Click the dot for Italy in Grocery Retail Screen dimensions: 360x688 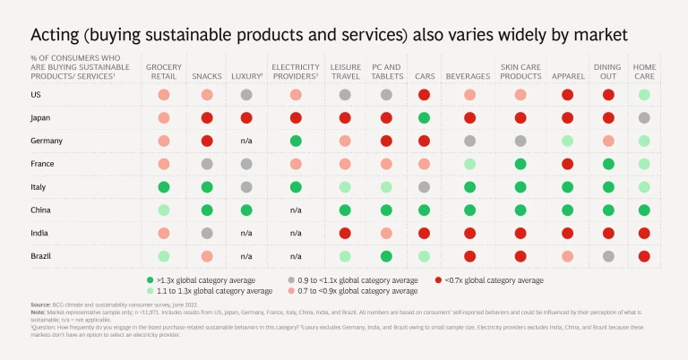click(164, 187)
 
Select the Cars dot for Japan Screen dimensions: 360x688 click(424, 117)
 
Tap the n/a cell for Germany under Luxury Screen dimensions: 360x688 click(245, 141)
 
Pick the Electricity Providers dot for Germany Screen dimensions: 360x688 click(295, 141)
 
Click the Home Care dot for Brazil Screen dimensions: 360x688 click(644, 257)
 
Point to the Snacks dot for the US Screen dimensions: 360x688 click(207, 94)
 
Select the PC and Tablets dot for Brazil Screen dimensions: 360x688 click(386, 257)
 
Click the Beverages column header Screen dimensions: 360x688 click(468, 77)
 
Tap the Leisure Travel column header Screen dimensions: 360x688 click(345, 73)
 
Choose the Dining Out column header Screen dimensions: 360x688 click(606, 73)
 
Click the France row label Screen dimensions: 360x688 click(44, 164)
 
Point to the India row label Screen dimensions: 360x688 click(41, 234)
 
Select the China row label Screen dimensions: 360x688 click(42, 210)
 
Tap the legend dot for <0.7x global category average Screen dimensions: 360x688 click(437, 280)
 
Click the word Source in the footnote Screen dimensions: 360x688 click(40, 304)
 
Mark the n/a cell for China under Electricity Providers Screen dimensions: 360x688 click(295, 210)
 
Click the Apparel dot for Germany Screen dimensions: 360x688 click(566, 141)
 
